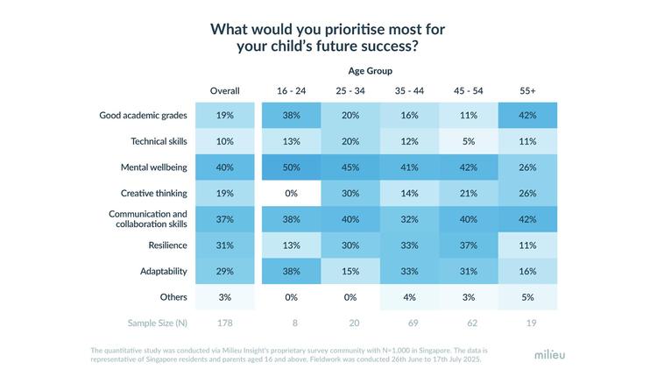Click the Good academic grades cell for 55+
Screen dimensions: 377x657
tap(526, 115)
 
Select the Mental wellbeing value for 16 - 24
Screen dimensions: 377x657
tap(291, 167)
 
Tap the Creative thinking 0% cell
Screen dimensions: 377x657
tap(291, 193)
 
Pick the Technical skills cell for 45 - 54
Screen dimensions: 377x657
tap(468, 141)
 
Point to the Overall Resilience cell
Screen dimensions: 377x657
tap(224, 245)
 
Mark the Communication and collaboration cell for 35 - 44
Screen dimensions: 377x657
tap(409, 219)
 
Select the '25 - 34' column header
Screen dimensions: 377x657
tap(350, 90)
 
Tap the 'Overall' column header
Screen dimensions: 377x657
tap(224, 90)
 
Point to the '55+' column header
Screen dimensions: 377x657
tap(526, 90)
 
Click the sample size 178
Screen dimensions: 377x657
tap(224, 324)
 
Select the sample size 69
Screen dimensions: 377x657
tap(409, 324)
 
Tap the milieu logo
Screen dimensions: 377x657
tap(550, 355)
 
